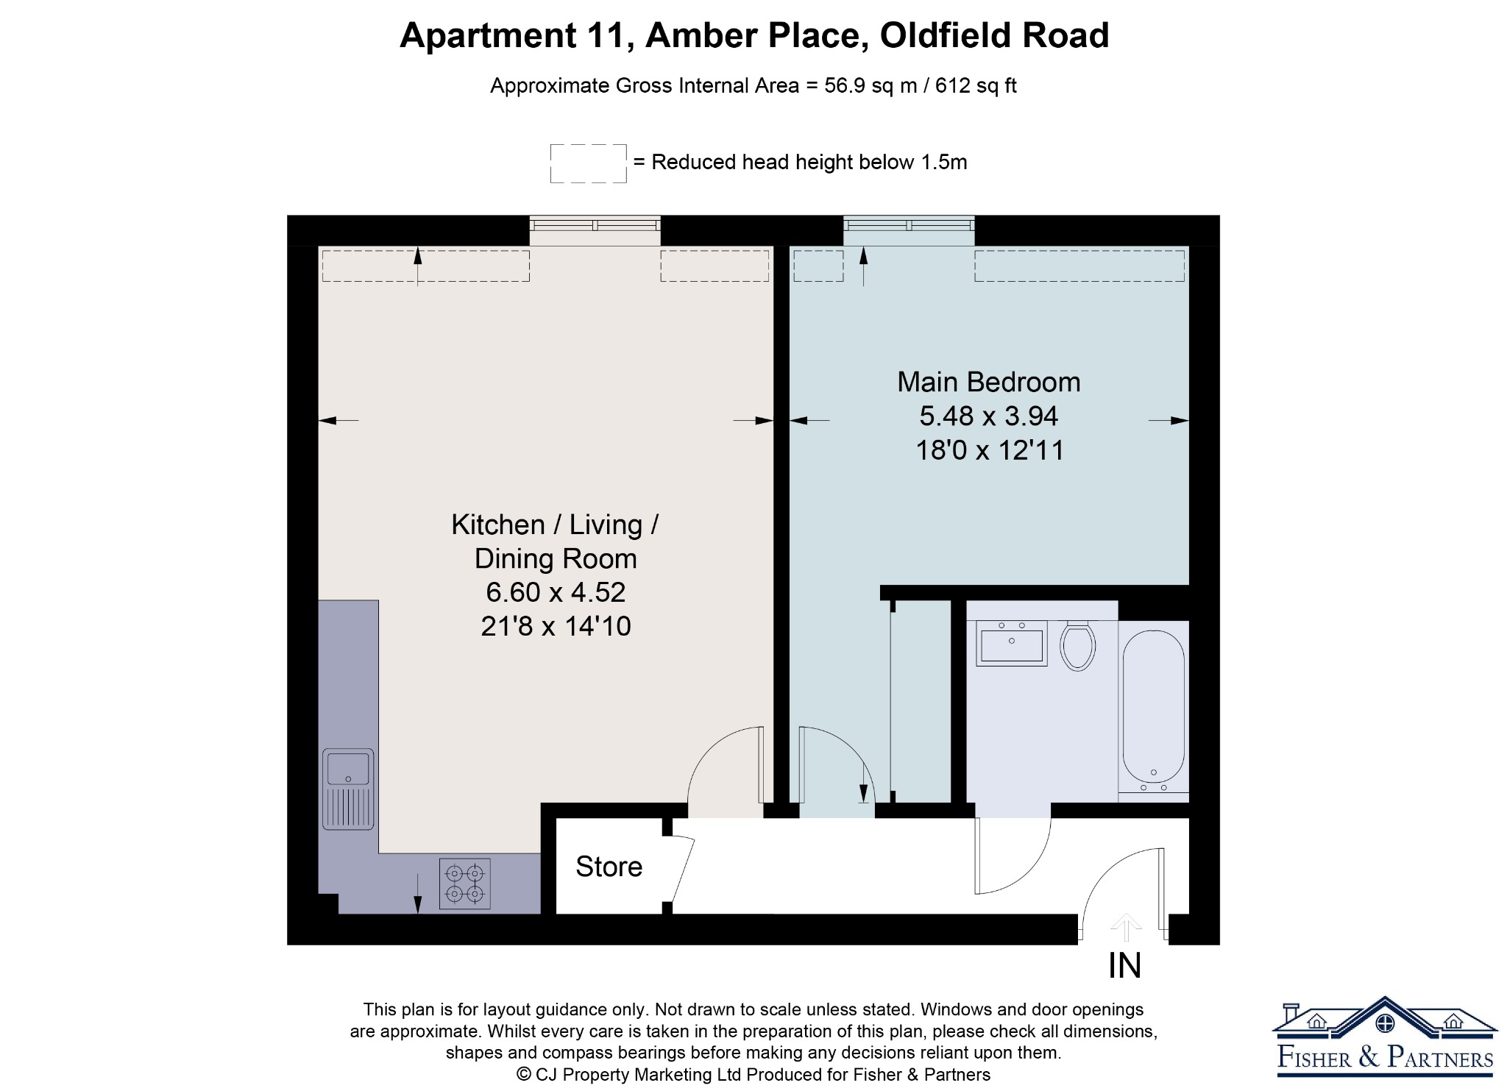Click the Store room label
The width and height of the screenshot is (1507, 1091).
tap(609, 867)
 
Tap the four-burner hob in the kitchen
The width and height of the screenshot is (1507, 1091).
tap(465, 884)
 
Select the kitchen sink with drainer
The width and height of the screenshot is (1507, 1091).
tap(348, 789)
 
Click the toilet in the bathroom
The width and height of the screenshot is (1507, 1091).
tap(1078, 645)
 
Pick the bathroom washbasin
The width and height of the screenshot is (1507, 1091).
tap(1012, 643)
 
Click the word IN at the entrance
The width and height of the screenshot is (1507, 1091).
tap(1124, 966)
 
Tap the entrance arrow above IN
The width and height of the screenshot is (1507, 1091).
tap(1125, 926)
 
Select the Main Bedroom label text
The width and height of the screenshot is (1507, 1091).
tap(989, 383)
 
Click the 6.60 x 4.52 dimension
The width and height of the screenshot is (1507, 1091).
tap(556, 592)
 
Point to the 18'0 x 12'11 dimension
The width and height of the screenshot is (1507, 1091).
tap(990, 450)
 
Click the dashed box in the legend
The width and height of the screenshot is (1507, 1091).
tap(589, 163)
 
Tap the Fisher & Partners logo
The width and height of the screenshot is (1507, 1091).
tap(1385, 1037)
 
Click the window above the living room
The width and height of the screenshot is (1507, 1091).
tap(595, 230)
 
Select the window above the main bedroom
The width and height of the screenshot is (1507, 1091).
tap(909, 230)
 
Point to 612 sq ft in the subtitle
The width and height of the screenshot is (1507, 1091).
tap(976, 86)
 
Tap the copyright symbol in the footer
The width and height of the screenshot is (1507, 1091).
tap(524, 1075)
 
